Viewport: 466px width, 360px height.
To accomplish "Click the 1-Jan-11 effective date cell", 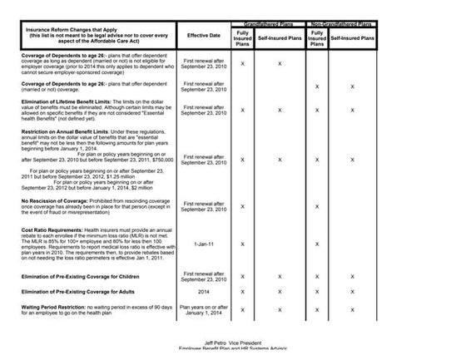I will click(x=203, y=244).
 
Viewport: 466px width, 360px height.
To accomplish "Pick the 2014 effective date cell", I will click(x=203, y=291).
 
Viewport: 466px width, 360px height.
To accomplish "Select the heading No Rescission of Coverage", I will click(x=56, y=200).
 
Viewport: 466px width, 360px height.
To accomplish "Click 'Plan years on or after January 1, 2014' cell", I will click(x=203, y=310).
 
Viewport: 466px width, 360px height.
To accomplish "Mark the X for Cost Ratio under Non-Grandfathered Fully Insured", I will click(x=316, y=244).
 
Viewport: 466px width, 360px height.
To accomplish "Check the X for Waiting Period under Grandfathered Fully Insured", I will click(x=242, y=311).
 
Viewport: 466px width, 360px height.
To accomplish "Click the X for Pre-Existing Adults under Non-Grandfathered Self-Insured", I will click(x=352, y=292).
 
